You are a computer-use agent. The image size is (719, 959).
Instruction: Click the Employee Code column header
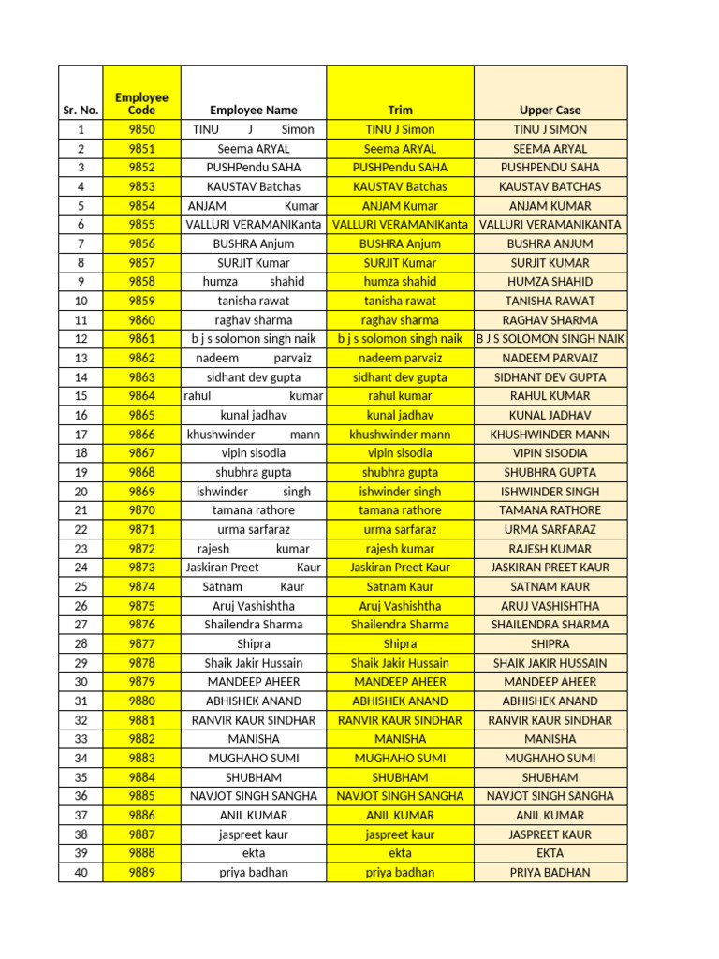141,103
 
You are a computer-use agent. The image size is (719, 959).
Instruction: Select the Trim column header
400,110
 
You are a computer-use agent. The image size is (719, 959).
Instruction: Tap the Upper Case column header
550,110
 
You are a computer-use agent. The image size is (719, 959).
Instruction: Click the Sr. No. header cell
81,110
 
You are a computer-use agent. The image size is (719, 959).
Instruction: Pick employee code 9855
141,225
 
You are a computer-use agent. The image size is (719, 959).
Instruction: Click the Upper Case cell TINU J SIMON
550,129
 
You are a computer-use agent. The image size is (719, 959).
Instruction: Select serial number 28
81,643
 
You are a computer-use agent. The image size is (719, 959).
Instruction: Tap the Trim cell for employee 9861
400,339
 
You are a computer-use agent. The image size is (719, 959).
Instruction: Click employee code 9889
141,872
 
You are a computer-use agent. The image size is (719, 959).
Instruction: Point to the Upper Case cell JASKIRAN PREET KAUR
550,568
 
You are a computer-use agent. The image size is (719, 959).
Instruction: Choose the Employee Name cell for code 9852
254,168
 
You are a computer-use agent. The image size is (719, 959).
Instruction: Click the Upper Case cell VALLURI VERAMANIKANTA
550,225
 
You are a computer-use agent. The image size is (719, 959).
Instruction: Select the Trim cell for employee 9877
400,643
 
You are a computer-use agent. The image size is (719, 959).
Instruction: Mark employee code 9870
141,510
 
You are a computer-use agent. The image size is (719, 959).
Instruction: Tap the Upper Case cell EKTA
550,853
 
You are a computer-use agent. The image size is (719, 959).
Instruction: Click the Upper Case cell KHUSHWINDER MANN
550,435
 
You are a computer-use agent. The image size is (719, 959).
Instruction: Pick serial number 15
81,396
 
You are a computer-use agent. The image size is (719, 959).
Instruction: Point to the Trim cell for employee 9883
400,758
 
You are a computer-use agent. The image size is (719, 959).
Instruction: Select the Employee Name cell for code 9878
254,663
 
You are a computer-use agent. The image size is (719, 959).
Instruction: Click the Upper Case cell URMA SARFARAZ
550,529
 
